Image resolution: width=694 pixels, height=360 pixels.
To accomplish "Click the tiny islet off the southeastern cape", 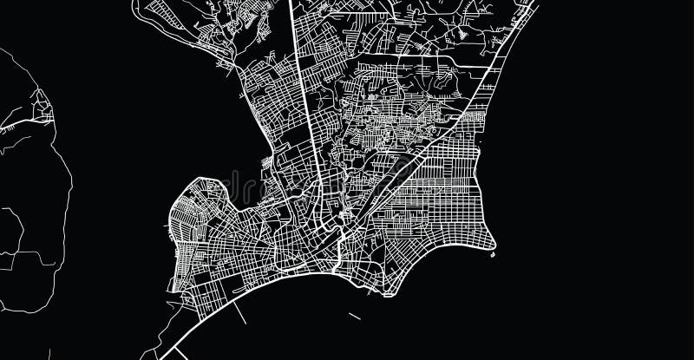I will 493,254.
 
